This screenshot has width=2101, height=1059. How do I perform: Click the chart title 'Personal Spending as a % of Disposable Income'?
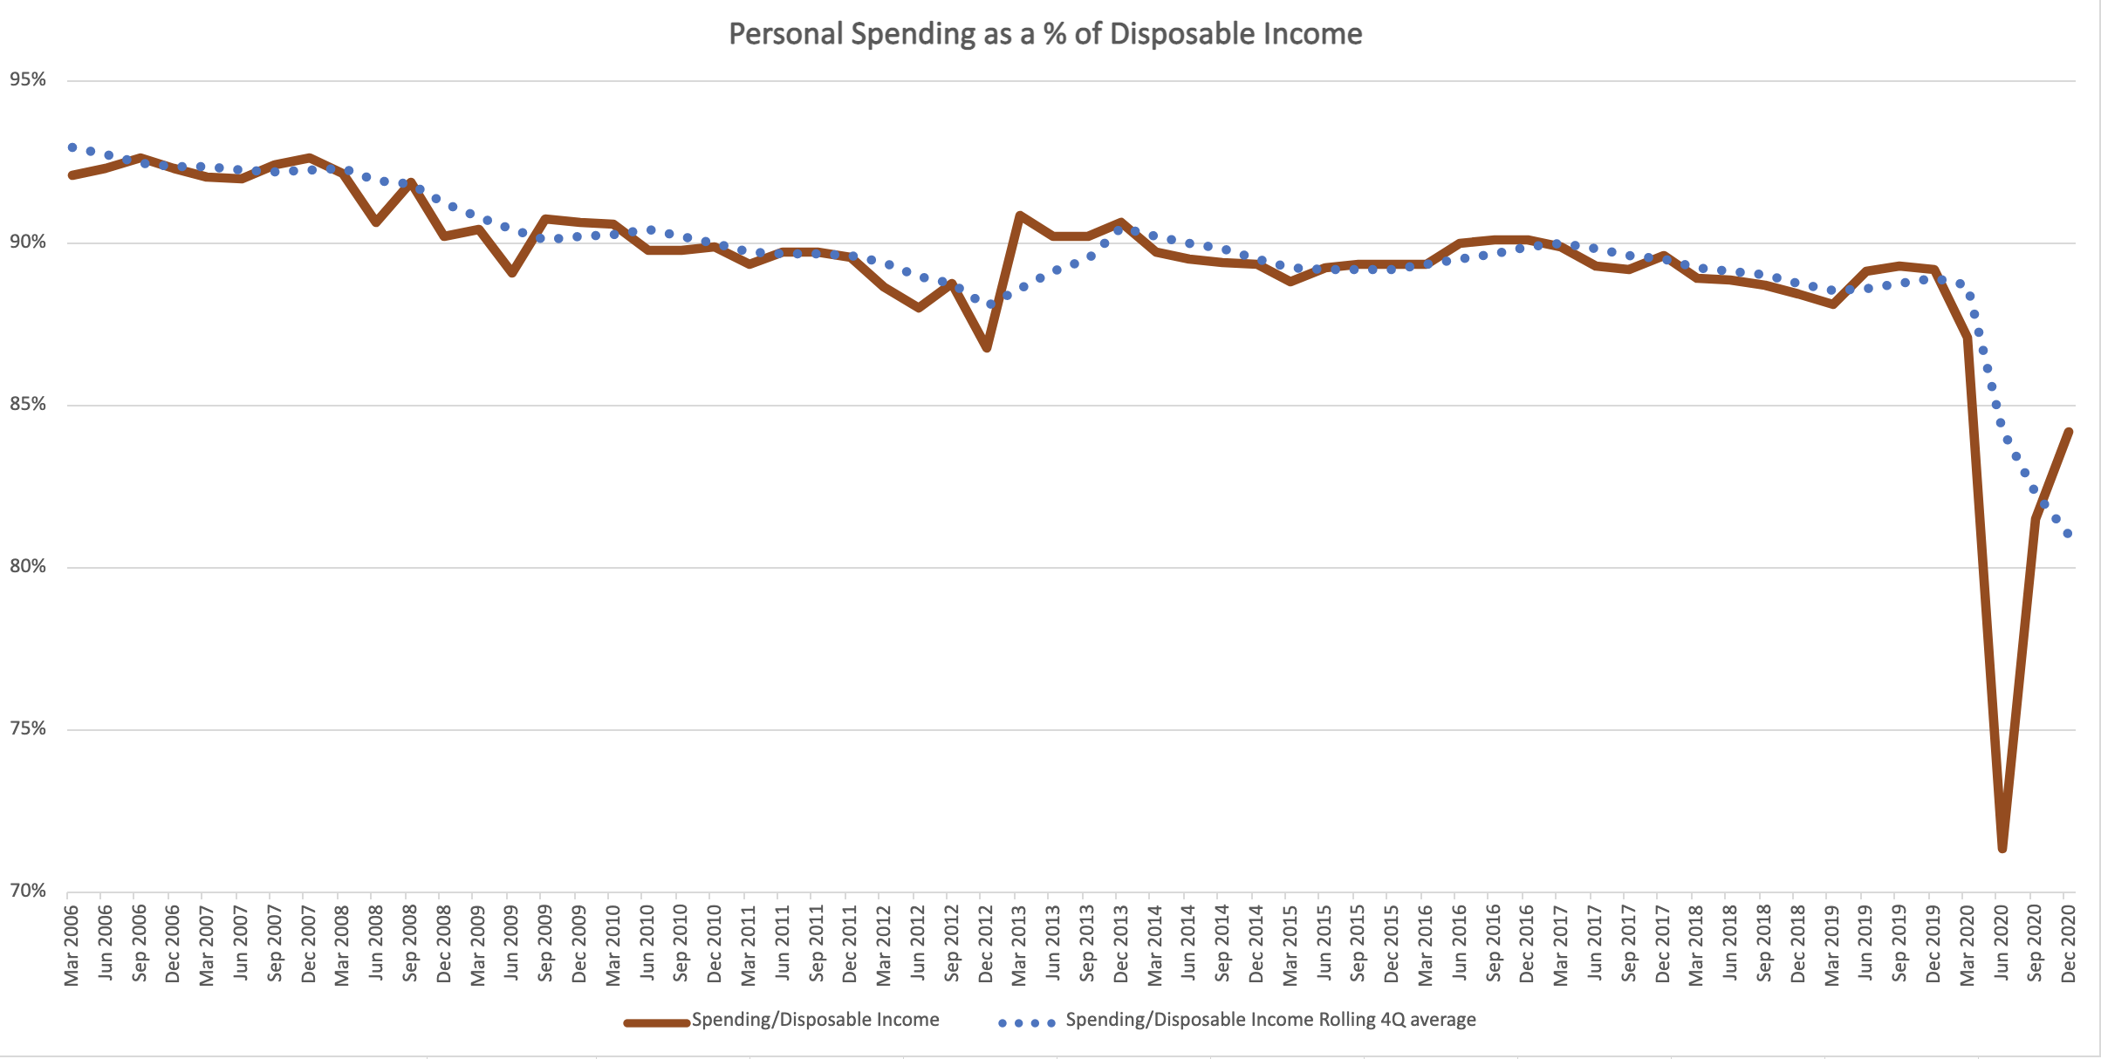click(1045, 34)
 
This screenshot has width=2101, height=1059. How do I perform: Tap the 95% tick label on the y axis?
click(28, 80)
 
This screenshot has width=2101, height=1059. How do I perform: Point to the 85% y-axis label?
click(28, 405)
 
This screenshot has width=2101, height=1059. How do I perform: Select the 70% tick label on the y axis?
click(28, 891)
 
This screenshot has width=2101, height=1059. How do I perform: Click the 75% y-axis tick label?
click(28, 729)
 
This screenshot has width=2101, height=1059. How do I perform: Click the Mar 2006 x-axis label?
click(72, 946)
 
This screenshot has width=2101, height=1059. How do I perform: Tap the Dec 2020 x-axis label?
click(2068, 946)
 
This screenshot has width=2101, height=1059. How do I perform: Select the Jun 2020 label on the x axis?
click(2001, 946)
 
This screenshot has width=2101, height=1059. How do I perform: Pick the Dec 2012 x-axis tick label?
click(985, 946)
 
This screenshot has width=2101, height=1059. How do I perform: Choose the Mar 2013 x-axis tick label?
click(1019, 946)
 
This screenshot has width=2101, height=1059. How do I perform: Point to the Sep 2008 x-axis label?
click(410, 946)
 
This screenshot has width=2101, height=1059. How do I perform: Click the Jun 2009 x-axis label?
click(511, 946)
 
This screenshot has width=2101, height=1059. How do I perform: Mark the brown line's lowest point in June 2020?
click(2002, 848)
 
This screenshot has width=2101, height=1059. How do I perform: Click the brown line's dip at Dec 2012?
click(987, 348)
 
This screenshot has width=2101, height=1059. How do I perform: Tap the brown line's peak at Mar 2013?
click(1019, 215)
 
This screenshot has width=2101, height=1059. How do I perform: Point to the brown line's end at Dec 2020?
click(2069, 431)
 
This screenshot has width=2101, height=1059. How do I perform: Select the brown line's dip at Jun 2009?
click(512, 273)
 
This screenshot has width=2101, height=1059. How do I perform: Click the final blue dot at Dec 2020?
click(2068, 533)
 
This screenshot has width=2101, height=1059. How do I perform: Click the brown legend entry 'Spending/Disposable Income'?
click(815, 1020)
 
